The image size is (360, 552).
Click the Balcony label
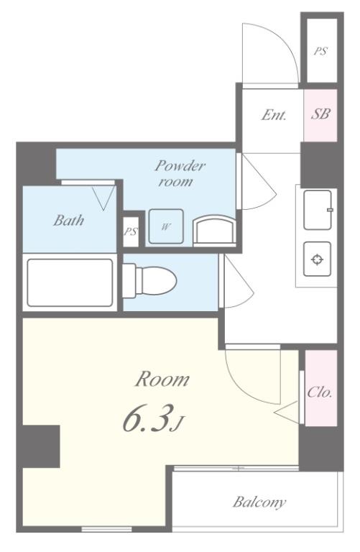click(259, 501)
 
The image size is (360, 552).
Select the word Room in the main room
click(162, 379)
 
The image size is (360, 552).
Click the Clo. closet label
click(320, 392)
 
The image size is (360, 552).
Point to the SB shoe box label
click(320, 114)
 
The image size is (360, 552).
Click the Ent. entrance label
click(274, 115)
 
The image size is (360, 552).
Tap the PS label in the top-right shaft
click(320, 52)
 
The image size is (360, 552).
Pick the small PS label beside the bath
click(131, 231)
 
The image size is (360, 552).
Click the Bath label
click(69, 221)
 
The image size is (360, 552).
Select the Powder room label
click(179, 173)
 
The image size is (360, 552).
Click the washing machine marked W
click(166, 226)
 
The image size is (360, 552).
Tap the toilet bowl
click(149, 280)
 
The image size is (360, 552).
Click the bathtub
click(70, 282)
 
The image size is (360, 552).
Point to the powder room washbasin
click(214, 229)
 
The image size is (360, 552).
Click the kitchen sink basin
click(318, 210)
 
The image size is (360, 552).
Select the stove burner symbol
click(318, 259)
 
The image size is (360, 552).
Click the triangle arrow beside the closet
click(287, 412)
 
